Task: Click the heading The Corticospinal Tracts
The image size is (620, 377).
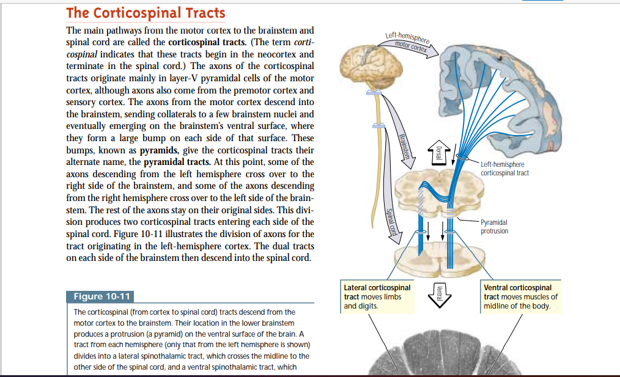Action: pyautogui.click(x=146, y=12)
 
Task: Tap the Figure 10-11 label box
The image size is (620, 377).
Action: pyautogui.click(x=101, y=297)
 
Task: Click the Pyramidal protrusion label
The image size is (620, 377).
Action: pyautogui.click(x=494, y=227)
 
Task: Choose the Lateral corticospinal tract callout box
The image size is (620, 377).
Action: pyautogui.click(x=378, y=296)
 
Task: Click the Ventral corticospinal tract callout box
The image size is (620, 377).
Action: pyautogui.click(x=520, y=296)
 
